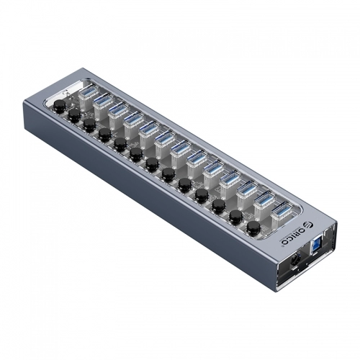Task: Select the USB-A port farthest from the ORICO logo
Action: coord(84,91)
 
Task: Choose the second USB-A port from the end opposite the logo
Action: coord(99,100)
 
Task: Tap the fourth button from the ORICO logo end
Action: coord(201,193)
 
